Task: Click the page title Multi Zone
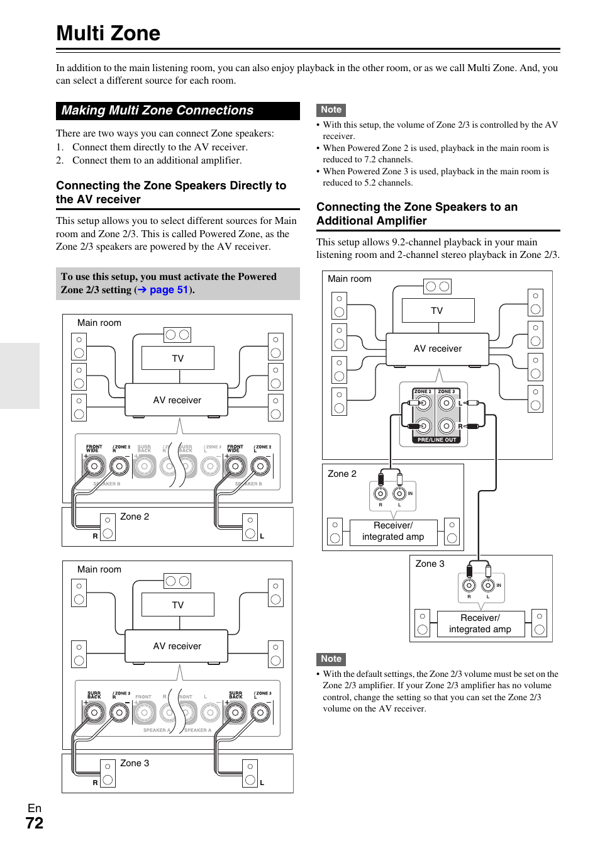[x=108, y=33]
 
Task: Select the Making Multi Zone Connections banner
[x=157, y=111]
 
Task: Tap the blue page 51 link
[x=169, y=290]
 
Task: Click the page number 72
[x=35, y=823]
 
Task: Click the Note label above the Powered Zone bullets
[x=331, y=110]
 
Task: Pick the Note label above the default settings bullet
[x=331, y=659]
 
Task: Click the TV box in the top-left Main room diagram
[x=178, y=359]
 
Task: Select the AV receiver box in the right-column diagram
[x=437, y=349]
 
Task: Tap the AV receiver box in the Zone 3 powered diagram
[x=177, y=646]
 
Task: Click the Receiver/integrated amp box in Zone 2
[x=393, y=531]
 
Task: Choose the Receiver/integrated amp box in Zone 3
[x=480, y=623]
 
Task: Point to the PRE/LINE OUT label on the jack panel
[x=436, y=440]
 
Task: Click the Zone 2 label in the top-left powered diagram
[x=135, y=516]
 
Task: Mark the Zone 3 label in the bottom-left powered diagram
[x=135, y=763]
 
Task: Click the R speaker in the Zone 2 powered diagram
[x=108, y=527]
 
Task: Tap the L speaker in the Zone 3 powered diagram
[x=250, y=774]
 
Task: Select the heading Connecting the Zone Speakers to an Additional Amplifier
[x=416, y=214]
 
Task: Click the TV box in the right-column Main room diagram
[x=437, y=311]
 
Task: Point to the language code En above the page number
[x=35, y=808]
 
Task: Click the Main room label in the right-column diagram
[x=349, y=279]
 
